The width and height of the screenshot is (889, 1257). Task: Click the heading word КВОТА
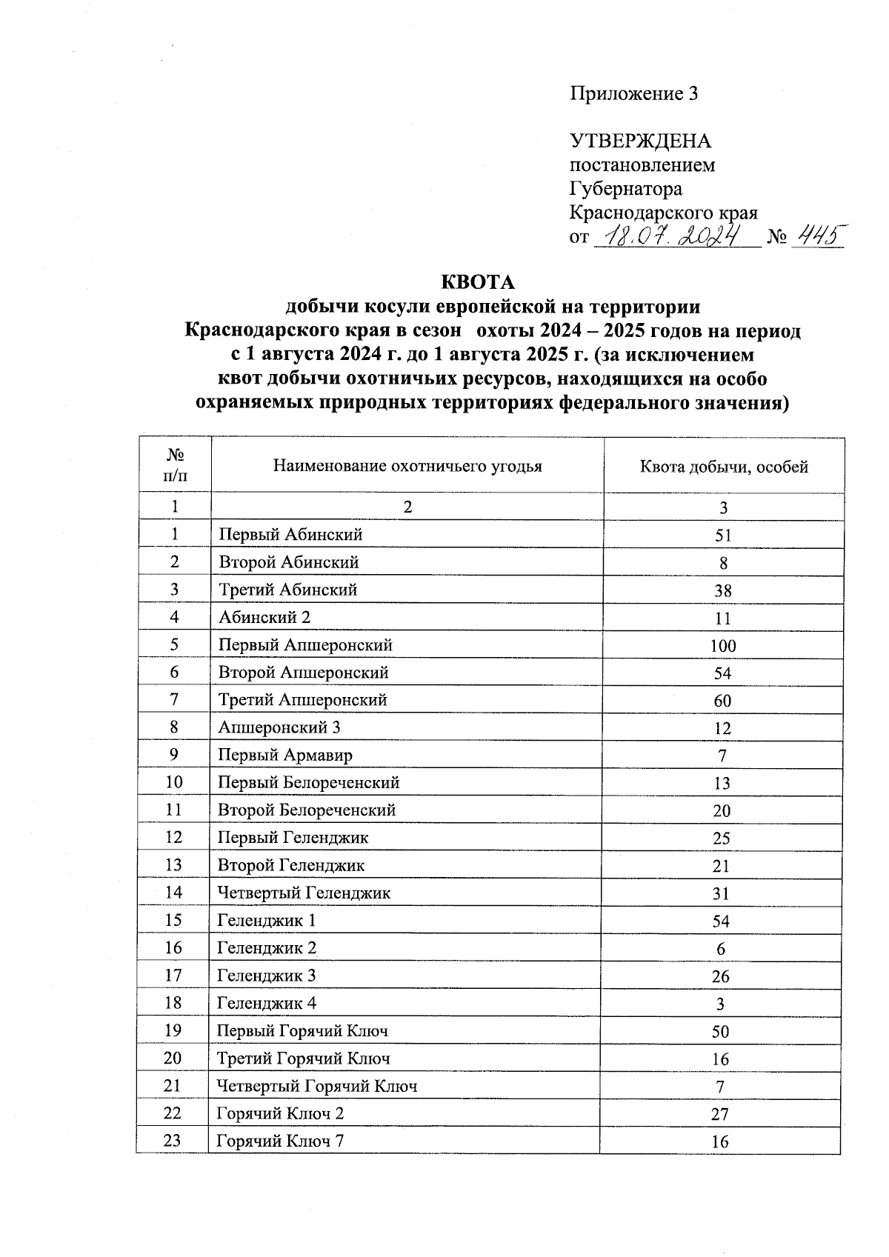tap(477, 283)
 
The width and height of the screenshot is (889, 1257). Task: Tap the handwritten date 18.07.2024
tap(675, 236)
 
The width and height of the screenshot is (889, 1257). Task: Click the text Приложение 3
tap(633, 93)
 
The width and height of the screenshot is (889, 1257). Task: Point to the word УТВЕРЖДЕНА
tap(640, 141)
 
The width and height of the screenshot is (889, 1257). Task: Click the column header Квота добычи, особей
tap(723, 467)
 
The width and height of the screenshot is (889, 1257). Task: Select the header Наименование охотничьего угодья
tap(407, 466)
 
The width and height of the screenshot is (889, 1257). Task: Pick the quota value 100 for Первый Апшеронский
tap(722, 645)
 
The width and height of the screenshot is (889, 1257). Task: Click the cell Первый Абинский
tap(290, 534)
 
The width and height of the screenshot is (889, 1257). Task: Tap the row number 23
tap(173, 1141)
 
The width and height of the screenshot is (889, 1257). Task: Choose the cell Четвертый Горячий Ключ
tap(317, 1086)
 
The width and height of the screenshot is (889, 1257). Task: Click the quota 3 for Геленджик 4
tap(720, 1004)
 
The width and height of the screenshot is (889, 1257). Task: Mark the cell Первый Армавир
tap(285, 755)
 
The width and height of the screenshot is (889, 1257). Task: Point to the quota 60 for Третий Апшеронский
tap(722, 701)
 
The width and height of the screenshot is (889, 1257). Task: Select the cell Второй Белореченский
tap(307, 810)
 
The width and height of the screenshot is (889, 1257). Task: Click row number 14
tap(173, 893)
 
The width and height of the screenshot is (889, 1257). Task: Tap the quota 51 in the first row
tap(723, 536)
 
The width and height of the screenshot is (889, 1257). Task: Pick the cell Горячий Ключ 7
tap(281, 1141)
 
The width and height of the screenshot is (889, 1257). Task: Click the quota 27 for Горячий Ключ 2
tap(720, 1114)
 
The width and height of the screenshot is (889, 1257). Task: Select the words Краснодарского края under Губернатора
tap(663, 213)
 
